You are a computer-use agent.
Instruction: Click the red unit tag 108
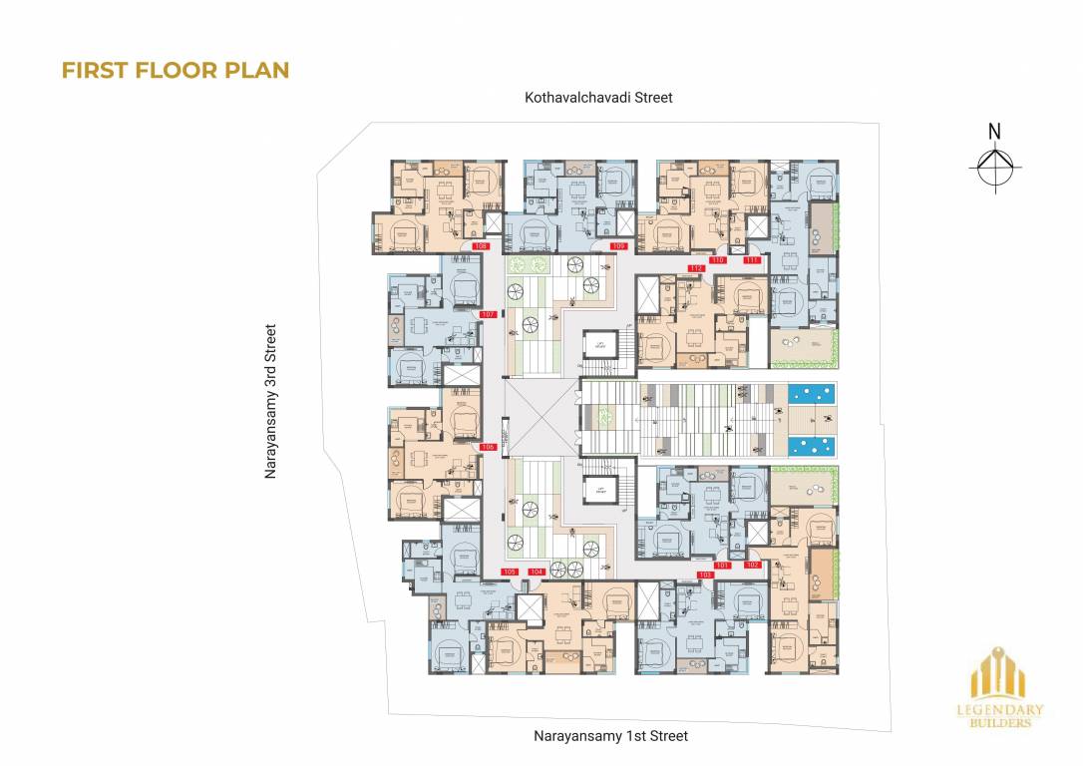click(481, 245)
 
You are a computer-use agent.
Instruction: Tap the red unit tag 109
click(618, 245)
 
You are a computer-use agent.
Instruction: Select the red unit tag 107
click(488, 314)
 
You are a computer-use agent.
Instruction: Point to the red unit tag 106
click(488, 447)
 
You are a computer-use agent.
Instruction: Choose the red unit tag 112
click(696, 268)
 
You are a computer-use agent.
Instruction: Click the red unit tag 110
click(716, 259)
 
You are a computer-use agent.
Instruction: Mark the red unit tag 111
click(751, 259)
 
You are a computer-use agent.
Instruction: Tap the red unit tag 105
click(510, 572)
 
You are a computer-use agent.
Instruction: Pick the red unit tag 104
click(537, 572)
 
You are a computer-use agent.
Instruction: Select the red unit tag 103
click(706, 575)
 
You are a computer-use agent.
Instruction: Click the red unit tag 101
click(723, 566)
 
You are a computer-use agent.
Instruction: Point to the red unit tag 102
click(752, 566)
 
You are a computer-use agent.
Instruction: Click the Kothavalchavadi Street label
click(599, 98)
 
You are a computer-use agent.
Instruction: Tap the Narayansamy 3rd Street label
click(269, 401)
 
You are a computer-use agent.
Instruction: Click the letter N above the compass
click(993, 131)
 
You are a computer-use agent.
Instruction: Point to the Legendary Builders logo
click(1007, 692)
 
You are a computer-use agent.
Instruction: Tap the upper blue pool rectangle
click(813, 395)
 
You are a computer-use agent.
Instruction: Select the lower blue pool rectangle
click(813, 445)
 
